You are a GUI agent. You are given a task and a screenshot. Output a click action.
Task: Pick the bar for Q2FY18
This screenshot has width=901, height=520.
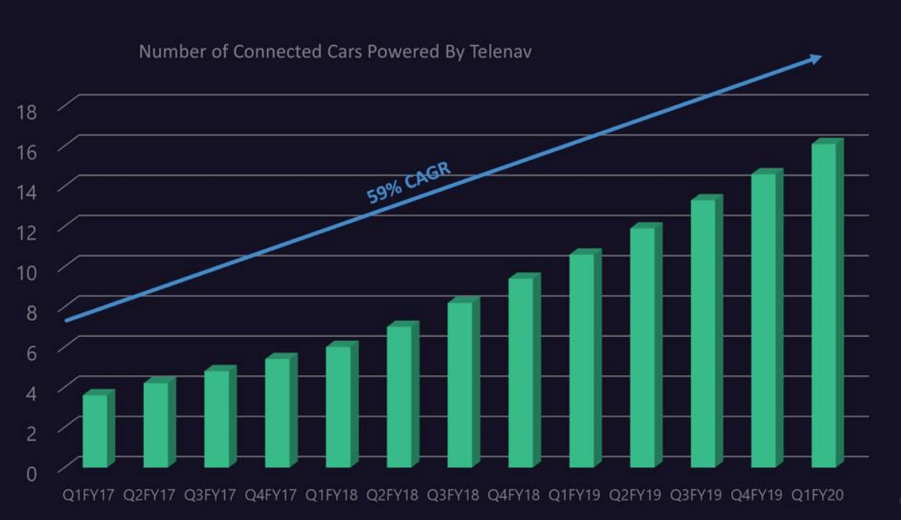pos(400,396)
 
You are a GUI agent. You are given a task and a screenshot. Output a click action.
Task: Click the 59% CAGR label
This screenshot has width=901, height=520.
pos(409,184)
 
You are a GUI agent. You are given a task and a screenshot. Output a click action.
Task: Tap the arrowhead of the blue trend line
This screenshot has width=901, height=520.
pos(816,58)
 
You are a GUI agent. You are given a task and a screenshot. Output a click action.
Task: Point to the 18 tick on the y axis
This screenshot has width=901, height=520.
pos(26,112)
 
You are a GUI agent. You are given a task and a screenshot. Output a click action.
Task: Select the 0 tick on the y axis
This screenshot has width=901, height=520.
pos(31,473)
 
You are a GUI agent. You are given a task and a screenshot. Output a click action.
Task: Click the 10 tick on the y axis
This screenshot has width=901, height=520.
pos(26,272)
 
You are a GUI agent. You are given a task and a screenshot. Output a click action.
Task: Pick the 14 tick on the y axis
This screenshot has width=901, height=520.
pos(26,192)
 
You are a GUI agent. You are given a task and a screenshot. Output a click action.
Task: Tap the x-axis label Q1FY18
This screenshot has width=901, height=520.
pos(331,495)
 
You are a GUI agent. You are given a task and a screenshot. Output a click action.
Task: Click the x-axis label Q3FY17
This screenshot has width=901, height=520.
pos(210,495)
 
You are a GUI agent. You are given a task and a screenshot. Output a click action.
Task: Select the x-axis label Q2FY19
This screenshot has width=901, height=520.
pos(635,495)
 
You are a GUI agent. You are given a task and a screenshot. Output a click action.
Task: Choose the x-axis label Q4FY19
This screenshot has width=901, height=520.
pos(756,495)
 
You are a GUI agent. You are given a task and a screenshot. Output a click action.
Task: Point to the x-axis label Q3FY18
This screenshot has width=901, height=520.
pos(452,495)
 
